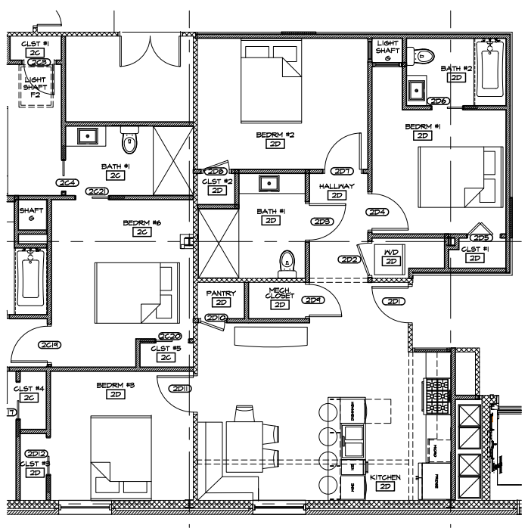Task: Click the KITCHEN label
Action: [385, 478]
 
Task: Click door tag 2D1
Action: [394, 301]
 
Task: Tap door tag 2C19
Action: [51, 344]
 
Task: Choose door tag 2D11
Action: [181, 389]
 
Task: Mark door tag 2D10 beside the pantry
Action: [216, 317]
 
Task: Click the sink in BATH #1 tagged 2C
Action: [88, 137]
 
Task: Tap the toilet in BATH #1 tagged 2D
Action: [287, 260]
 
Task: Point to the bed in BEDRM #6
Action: [136, 291]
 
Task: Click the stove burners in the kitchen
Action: [438, 393]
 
